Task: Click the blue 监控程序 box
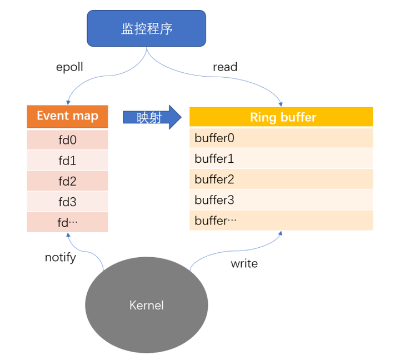pyautogui.click(x=147, y=28)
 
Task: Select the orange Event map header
pyautogui.click(x=67, y=116)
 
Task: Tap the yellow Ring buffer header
pyautogui.click(x=281, y=117)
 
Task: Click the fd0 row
pyautogui.click(x=67, y=140)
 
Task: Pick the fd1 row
pyautogui.click(x=67, y=161)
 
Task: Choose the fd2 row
pyautogui.click(x=67, y=182)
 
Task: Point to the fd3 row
pyautogui.click(x=67, y=202)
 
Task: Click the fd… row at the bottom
pyautogui.click(x=67, y=222)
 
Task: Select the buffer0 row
pyautogui.click(x=281, y=138)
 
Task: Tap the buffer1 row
pyautogui.click(x=281, y=159)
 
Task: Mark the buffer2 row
pyautogui.click(x=281, y=179)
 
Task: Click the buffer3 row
pyautogui.click(x=281, y=200)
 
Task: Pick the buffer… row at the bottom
pyautogui.click(x=281, y=221)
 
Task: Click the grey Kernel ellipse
pyautogui.click(x=147, y=305)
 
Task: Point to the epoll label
pyautogui.click(x=71, y=67)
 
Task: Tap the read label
pyautogui.click(x=225, y=67)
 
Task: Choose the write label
pyautogui.click(x=244, y=263)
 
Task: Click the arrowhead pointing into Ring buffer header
pyautogui.click(x=281, y=104)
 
